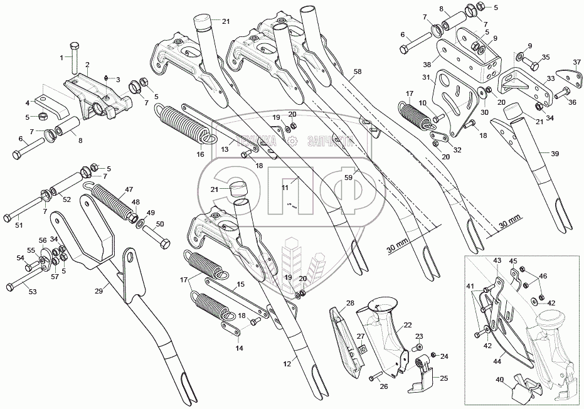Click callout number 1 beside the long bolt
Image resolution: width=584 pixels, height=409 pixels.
62,58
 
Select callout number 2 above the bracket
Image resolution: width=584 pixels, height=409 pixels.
87,65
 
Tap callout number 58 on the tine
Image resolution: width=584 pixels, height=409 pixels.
357,72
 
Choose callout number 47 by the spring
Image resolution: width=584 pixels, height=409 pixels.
128,189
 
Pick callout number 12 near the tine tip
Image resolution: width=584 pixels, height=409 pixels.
288,363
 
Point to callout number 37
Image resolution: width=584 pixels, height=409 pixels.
577,61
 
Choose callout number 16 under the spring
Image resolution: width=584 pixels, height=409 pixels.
201,154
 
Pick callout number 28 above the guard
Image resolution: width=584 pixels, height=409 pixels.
350,303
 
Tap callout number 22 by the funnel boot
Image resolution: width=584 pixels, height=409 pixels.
407,325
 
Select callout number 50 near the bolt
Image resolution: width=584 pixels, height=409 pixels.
159,224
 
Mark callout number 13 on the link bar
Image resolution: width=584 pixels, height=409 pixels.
223,149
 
